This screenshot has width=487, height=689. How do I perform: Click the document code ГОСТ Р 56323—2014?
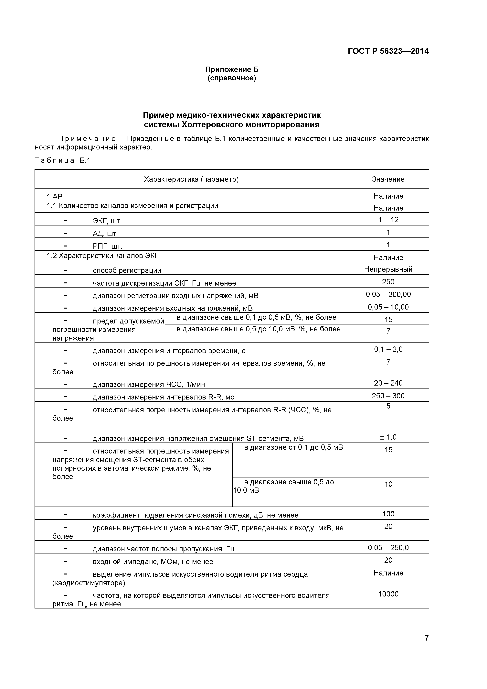388,51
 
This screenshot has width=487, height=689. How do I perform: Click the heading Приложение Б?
232,70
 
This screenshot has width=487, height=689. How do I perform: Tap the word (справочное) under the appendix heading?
232,78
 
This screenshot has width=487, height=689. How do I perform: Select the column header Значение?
388,180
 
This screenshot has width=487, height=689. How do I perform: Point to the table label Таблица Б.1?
63,160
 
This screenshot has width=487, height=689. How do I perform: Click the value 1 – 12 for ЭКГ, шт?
388,220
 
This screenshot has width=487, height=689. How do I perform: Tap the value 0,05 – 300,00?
388,295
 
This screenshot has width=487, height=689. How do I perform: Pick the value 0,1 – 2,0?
388,349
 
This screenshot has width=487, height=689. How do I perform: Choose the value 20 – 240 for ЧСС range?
388,383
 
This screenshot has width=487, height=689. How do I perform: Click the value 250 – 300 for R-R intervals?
388,396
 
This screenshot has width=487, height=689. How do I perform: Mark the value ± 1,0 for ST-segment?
388,437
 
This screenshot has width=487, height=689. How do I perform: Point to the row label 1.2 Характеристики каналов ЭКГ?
103,256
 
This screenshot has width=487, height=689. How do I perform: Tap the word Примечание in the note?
87,139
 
